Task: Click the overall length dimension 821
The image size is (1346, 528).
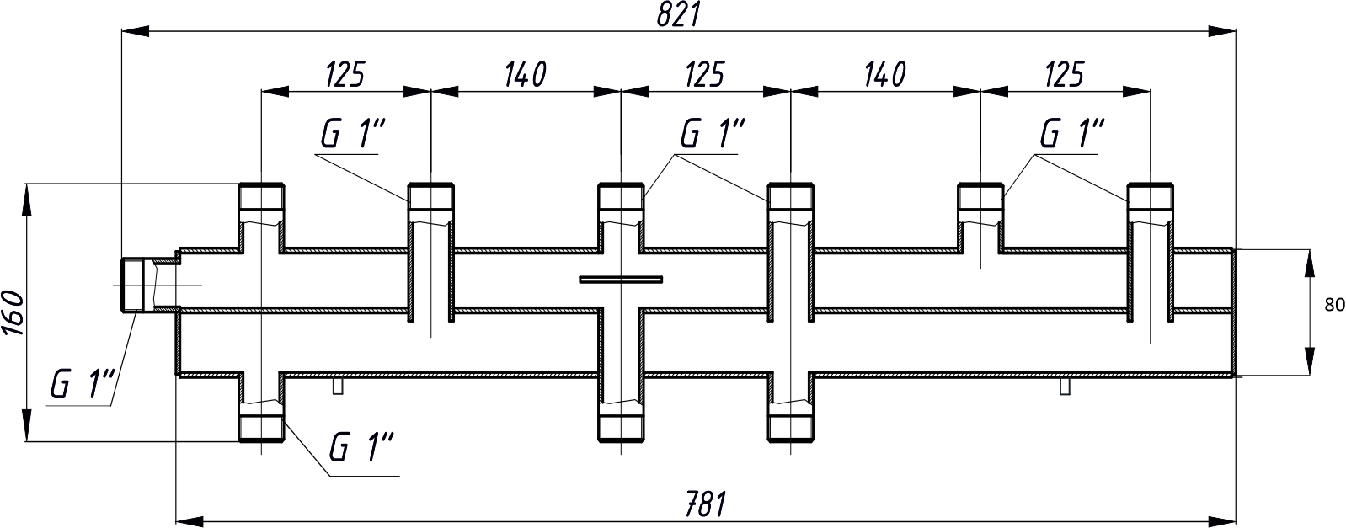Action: tap(681, 14)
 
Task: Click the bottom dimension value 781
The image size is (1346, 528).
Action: tap(704, 504)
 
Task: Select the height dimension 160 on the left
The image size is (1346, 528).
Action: tap(12, 313)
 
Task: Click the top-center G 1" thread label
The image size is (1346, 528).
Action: tap(713, 135)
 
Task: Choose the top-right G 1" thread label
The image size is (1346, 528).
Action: tap(1072, 135)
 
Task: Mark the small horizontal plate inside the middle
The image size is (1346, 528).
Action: tap(621, 279)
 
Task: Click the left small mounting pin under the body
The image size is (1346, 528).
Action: tap(338, 386)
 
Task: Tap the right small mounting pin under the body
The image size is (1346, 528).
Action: tap(1066, 386)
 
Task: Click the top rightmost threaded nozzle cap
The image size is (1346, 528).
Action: tap(1151, 198)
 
